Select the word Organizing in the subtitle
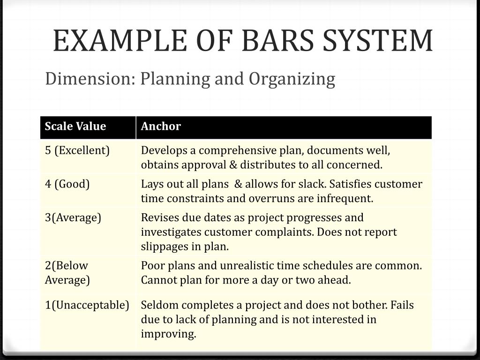click(x=292, y=79)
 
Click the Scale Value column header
click(x=75, y=127)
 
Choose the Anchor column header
click(x=161, y=127)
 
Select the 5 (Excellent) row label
click(x=77, y=150)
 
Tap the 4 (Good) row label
click(x=67, y=184)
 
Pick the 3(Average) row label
click(x=73, y=217)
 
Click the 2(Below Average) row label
click(x=67, y=272)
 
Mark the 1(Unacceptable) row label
click(x=87, y=305)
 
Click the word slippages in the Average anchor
click(x=163, y=247)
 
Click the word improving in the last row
click(x=168, y=334)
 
